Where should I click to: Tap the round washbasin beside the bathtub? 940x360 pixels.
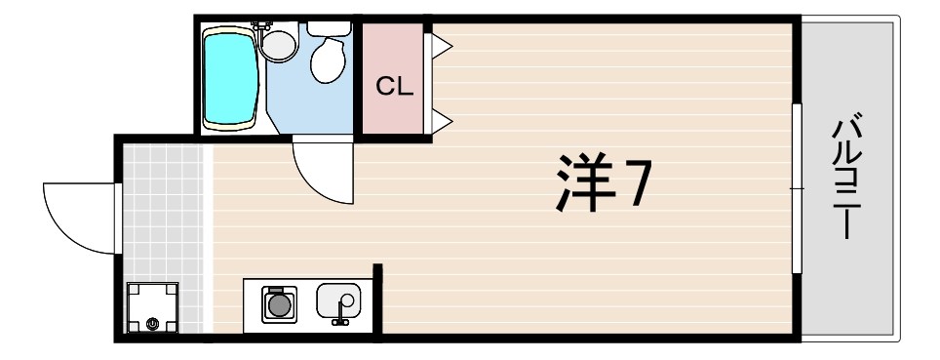280,45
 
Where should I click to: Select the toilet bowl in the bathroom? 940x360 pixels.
328,61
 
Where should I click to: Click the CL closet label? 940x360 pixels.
395,86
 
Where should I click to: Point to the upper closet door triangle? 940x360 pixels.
440,43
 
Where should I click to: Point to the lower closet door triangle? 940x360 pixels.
440,121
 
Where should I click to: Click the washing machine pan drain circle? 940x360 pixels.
152,322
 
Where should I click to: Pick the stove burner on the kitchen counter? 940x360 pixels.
281,305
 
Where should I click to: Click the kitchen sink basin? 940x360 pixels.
338,299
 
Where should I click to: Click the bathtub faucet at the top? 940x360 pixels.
260,24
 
